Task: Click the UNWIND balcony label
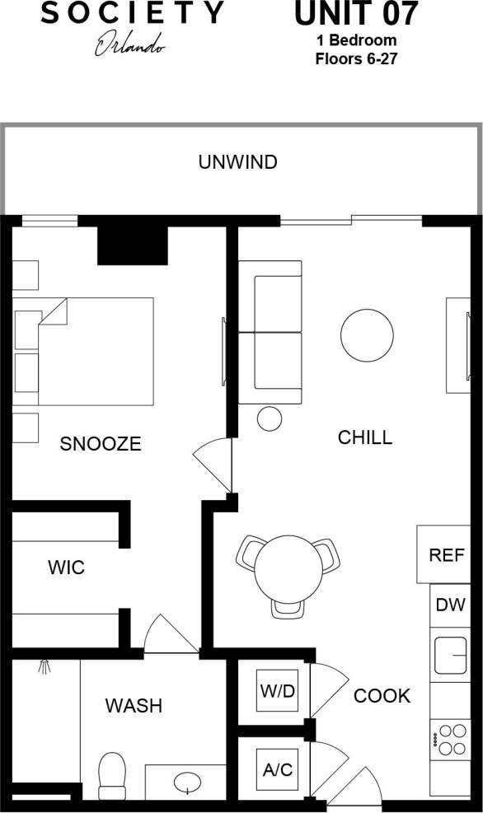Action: coord(237,162)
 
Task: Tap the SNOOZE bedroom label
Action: coord(101,444)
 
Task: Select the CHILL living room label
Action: coord(364,437)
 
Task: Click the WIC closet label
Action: coord(66,568)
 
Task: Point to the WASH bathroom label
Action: coord(134,706)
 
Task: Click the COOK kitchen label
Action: coord(382,696)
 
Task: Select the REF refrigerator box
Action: coord(446,554)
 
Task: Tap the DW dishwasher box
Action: coord(450,605)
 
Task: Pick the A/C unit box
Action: coord(277,770)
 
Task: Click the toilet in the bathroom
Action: coord(111,775)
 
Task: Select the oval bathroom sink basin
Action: coord(188,781)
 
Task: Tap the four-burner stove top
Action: coord(450,739)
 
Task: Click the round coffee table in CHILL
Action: coord(367,334)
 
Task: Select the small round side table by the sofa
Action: coord(270,418)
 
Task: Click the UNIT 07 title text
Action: coord(356,14)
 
